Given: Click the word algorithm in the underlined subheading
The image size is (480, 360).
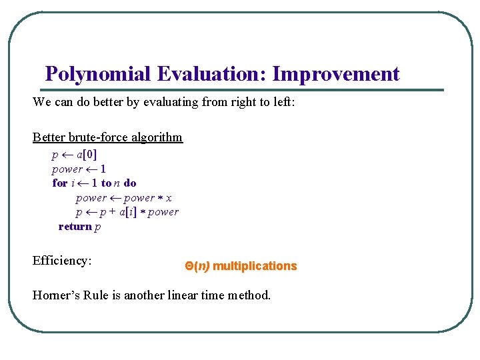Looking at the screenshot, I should tap(160, 137).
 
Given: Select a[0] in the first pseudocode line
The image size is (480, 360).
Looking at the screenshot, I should tap(87, 155).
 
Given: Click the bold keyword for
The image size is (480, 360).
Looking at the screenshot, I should tap(60, 183).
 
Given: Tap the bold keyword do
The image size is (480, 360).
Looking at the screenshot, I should tap(130, 183).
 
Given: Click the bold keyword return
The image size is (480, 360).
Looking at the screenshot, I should tap(75, 227).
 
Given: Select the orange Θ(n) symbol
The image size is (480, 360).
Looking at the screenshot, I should tap(197, 266).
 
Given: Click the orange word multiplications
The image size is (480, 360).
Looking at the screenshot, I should tap(255, 266).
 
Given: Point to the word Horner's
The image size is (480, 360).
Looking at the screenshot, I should tap(57, 295).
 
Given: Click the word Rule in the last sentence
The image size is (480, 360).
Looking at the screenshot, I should tap(97, 295).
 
